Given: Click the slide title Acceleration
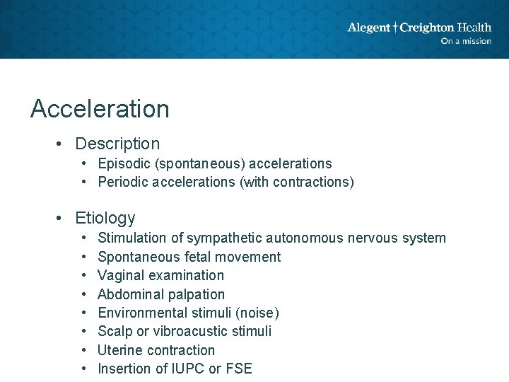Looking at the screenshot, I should pyautogui.click(x=100, y=109).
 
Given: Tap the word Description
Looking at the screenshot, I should pyautogui.click(x=117, y=144).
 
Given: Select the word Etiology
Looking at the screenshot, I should pyautogui.click(x=105, y=218).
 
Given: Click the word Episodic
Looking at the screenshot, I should pyautogui.click(x=122, y=164).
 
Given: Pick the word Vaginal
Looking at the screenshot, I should pyautogui.click(x=119, y=275).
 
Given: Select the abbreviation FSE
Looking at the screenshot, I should pyautogui.click(x=238, y=369).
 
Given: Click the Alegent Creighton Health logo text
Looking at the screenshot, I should pyautogui.click(x=419, y=28).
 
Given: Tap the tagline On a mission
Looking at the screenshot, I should pyautogui.click(x=465, y=41).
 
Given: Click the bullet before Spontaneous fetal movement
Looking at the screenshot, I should pyautogui.click(x=83, y=257).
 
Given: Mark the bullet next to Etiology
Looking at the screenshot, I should pyautogui.click(x=63, y=218).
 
